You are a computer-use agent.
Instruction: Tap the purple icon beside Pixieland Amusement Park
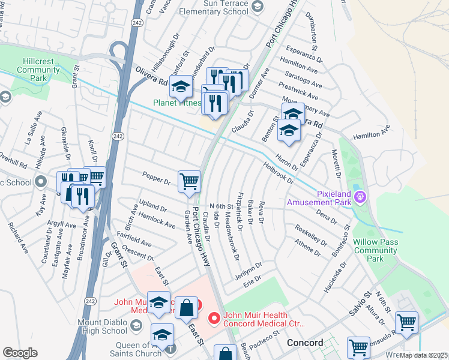360,196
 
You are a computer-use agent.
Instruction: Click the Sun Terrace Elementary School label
217,7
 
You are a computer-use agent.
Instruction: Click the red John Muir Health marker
212,319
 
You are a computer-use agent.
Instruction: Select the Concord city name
305,343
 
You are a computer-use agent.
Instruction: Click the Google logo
20,353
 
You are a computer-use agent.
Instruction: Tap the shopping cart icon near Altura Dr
406,322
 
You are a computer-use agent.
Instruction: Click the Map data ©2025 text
424,355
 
